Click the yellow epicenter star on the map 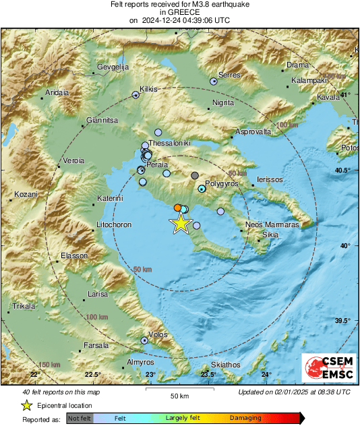point(181,224)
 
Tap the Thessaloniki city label point(170,144)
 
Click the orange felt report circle point(177,208)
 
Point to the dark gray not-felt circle point(195,176)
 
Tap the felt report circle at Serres point(214,81)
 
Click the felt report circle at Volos point(144,340)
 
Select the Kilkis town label point(148,88)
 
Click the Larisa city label point(98,295)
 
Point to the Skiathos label point(225,365)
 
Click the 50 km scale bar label point(179,396)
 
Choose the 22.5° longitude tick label point(92,375)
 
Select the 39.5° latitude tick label point(342,321)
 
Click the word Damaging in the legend point(245,418)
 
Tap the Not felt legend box point(80,418)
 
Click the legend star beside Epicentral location point(26,405)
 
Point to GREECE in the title point(179,12)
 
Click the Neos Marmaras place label point(272,224)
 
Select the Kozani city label point(26,194)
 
